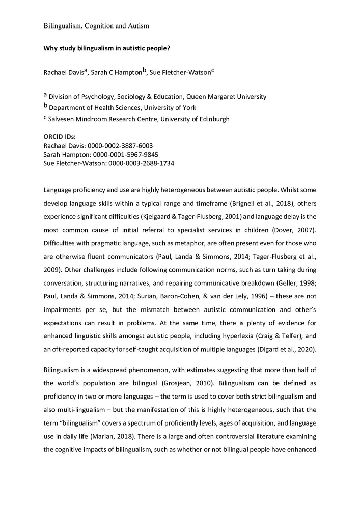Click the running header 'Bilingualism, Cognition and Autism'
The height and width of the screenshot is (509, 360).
pos(96,25)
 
